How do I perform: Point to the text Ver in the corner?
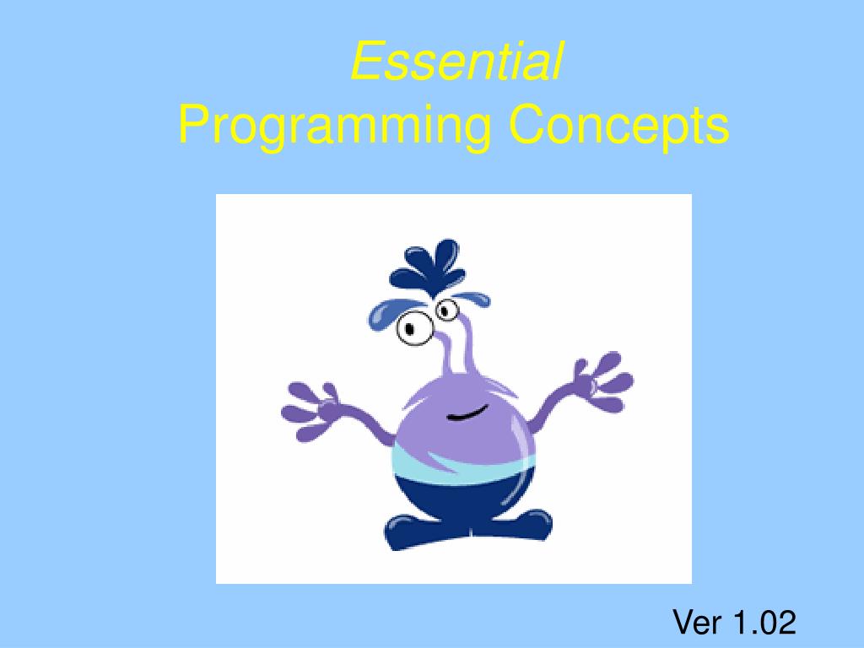point(697,623)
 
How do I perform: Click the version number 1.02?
point(764,623)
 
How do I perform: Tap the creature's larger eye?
point(413,327)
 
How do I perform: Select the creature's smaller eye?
point(446,310)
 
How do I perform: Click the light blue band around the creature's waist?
point(460,465)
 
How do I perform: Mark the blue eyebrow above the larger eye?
point(389,312)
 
